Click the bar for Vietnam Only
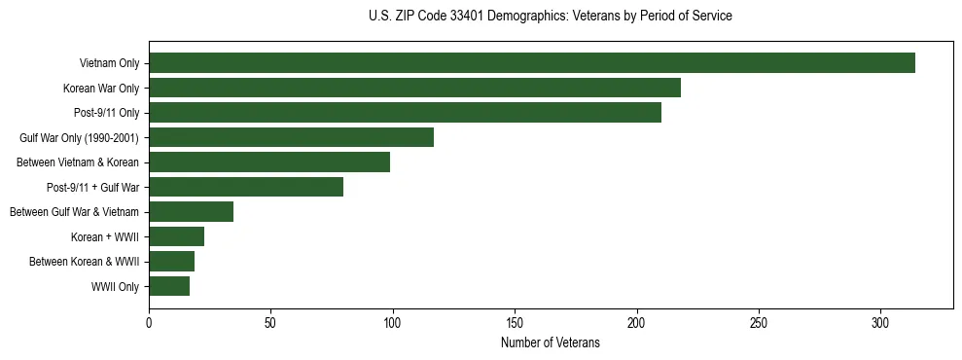point(532,63)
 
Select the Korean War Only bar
point(414,88)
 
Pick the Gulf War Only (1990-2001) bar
point(291,137)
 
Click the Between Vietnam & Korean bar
point(269,162)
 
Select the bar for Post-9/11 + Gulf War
point(246,187)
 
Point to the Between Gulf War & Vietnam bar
point(191,212)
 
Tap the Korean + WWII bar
point(176,236)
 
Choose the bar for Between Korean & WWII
point(171,262)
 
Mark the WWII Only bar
point(169,286)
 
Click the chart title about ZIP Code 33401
point(551,17)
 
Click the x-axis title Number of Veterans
point(551,343)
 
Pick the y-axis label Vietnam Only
point(109,63)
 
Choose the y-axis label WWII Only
point(115,287)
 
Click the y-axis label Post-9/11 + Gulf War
point(92,187)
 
